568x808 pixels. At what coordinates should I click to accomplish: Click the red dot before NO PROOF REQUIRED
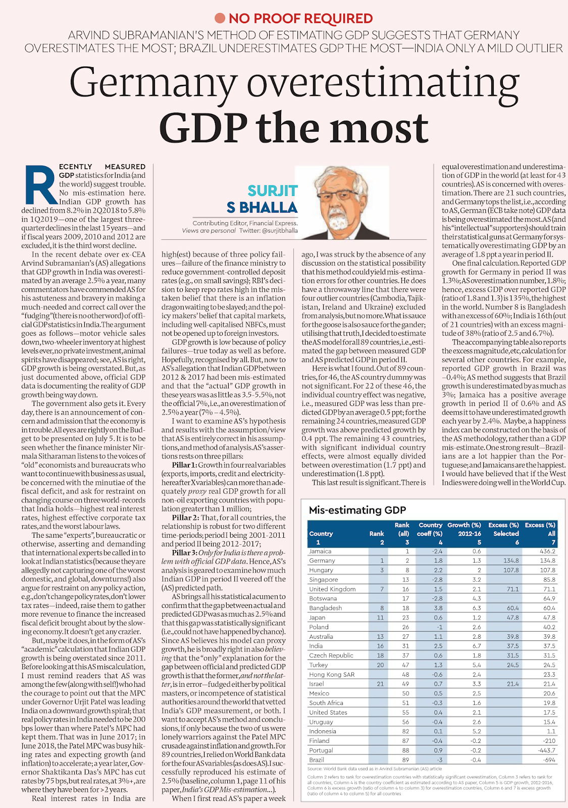[x=220, y=19]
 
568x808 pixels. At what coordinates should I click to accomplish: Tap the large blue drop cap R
[x=39, y=185]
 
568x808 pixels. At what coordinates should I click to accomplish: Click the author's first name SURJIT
[x=273, y=191]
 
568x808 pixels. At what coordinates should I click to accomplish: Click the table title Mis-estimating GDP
[x=357, y=510]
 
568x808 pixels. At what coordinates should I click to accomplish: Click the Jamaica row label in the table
[x=320, y=551]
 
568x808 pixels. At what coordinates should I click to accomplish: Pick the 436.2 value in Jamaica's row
[x=547, y=551]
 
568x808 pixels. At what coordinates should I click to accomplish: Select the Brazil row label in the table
[x=317, y=760]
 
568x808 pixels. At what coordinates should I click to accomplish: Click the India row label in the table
[x=316, y=646]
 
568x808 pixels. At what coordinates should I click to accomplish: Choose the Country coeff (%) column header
[x=430, y=529]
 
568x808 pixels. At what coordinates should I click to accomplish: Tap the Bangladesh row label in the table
[x=326, y=608]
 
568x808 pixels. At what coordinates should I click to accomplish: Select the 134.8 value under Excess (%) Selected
[x=511, y=561]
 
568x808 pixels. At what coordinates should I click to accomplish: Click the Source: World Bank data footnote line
[x=375, y=769]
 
